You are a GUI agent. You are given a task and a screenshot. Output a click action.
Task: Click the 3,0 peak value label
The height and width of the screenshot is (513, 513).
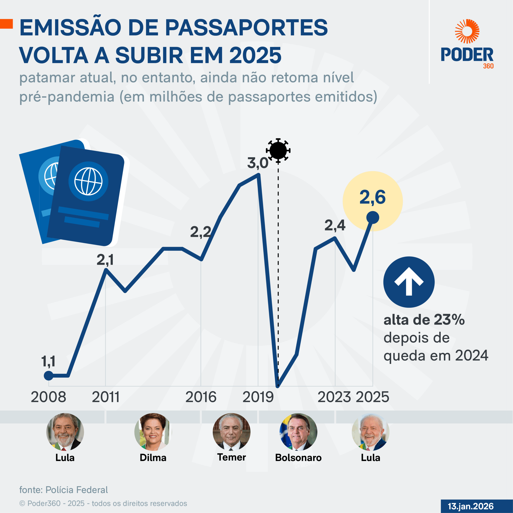point(258,163)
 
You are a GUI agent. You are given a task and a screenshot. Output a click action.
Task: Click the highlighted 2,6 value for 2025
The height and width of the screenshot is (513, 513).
point(372,198)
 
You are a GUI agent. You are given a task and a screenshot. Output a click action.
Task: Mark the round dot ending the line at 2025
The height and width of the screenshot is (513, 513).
point(373,217)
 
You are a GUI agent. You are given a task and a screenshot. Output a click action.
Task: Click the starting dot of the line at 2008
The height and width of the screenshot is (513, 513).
point(48,376)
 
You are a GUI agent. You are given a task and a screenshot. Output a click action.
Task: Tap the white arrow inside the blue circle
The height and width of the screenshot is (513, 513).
point(409,282)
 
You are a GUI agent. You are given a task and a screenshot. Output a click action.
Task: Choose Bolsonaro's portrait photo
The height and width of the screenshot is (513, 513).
point(298,432)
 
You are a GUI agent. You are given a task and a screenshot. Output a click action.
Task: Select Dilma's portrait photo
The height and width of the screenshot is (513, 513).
point(153,432)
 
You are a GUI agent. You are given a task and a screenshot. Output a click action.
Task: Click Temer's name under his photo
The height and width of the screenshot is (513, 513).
point(231,457)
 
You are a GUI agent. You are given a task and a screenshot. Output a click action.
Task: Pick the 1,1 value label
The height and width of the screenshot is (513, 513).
point(48,361)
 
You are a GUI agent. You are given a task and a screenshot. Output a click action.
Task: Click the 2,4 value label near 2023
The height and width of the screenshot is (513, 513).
point(335,225)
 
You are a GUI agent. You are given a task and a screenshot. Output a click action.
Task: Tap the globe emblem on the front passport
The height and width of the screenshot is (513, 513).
point(88,181)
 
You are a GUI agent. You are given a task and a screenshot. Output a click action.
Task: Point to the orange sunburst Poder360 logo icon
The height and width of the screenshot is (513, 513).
point(467,31)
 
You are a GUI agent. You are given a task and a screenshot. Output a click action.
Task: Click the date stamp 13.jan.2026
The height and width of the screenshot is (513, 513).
point(471,506)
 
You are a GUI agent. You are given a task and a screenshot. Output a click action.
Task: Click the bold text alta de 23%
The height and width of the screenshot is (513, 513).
point(424,320)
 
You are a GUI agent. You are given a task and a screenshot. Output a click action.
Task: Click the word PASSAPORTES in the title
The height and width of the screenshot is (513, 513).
point(246,28)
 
